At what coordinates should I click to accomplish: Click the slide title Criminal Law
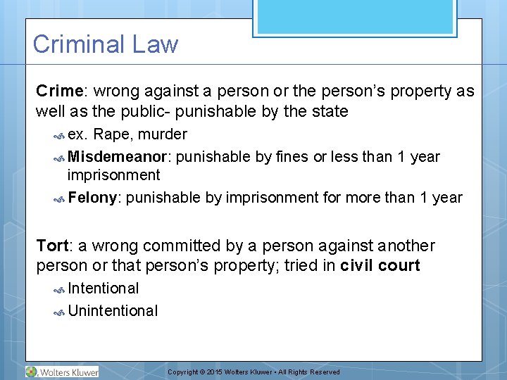click(x=106, y=44)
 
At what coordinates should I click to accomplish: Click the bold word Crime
click(x=60, y=91)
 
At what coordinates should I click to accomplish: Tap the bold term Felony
click(x=94, y=197)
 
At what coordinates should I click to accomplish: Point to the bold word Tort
click(x=52, y=246)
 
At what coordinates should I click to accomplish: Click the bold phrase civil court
click(x=380, y=265)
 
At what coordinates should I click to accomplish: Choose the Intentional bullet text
click(x=103, y=288)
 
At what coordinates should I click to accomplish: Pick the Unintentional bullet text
click(x=113, y=310)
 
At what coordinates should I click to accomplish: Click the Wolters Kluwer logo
click(x=62, y=372)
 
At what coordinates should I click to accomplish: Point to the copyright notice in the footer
click(x=254, y=372)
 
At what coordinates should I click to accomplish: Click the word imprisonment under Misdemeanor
click(x=113, y=175)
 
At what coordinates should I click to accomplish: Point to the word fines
click(x=291, y=156)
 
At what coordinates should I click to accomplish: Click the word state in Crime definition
click(x=328, y=111)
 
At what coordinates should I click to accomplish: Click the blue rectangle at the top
click(x=355, y=17)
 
